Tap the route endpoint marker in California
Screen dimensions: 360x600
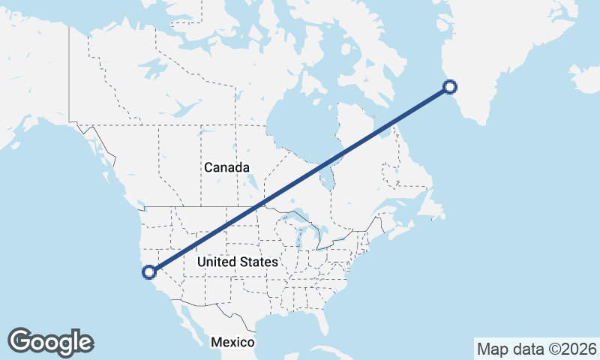[150, 272]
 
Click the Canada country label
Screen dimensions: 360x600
[226, 167]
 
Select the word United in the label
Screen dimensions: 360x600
[217, 262]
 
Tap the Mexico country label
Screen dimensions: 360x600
[232, 342]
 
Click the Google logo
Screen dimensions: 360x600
[50, 342]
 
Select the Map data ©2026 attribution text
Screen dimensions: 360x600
[537, 349]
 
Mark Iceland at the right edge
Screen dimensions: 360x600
[586, 78]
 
